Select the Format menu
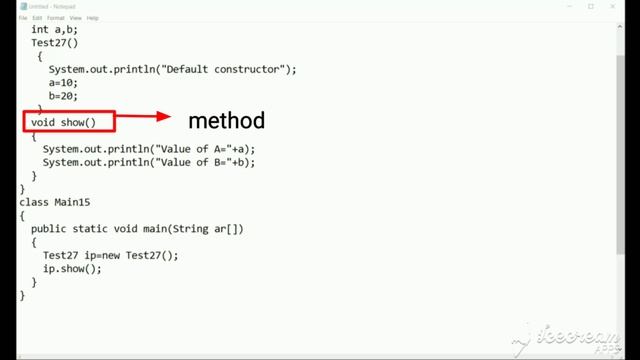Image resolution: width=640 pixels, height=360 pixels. pos(55,18)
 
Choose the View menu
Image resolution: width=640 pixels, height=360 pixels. pos(75,18)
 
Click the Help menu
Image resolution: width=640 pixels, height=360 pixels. pos(93,18)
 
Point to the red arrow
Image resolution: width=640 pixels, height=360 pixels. pos(144,119)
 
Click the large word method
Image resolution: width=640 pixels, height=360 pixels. pos(226,121)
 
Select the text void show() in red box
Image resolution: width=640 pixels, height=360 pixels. pos(64,122)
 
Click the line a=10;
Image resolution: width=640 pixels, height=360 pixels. pos(64,82)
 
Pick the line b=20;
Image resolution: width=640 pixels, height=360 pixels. pos(64,95)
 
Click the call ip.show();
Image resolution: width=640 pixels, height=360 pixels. pos(72,269)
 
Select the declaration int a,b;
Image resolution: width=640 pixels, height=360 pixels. pos(54,29)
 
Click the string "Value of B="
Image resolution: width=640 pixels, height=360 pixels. pos(196,162)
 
